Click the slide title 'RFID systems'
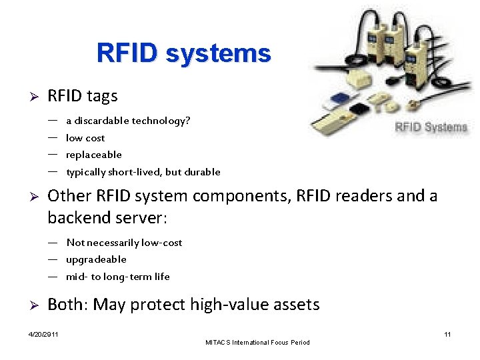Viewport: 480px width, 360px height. (183, 53)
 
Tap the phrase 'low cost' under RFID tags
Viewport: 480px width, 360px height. (85, 138)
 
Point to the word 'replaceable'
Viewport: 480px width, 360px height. (94, 155)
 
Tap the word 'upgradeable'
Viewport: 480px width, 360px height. (96, 259)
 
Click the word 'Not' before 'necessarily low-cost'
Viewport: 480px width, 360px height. (75, 243)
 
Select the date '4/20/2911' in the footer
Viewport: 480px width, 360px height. (43, 334)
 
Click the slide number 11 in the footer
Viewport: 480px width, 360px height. (447, 334)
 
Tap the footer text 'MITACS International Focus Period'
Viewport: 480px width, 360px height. (258, 343)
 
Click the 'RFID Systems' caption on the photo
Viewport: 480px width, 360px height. (431, 127)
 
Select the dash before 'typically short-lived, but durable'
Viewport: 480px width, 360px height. (52, 171)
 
